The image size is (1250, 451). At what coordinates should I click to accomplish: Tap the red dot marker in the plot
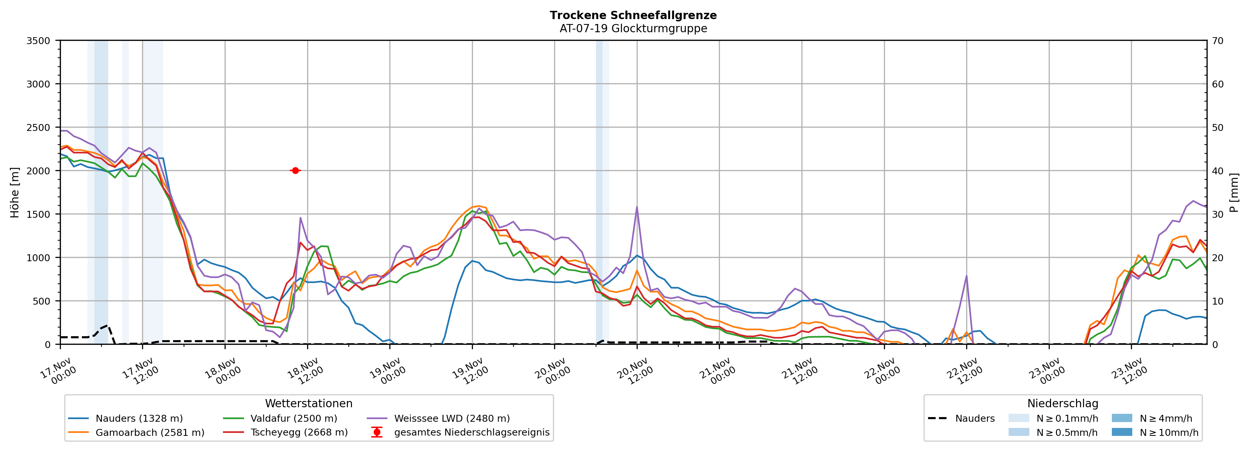click(295, 170)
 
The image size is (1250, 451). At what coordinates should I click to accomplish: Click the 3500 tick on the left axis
click(38, 41)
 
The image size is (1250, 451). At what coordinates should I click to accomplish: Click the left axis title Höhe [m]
click(14, 192)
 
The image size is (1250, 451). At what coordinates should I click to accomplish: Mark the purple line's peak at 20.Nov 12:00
click(637, 207)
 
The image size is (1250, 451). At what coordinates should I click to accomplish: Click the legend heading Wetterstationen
click(308, 403)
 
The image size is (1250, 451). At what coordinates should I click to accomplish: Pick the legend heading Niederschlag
click(1062, 403)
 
